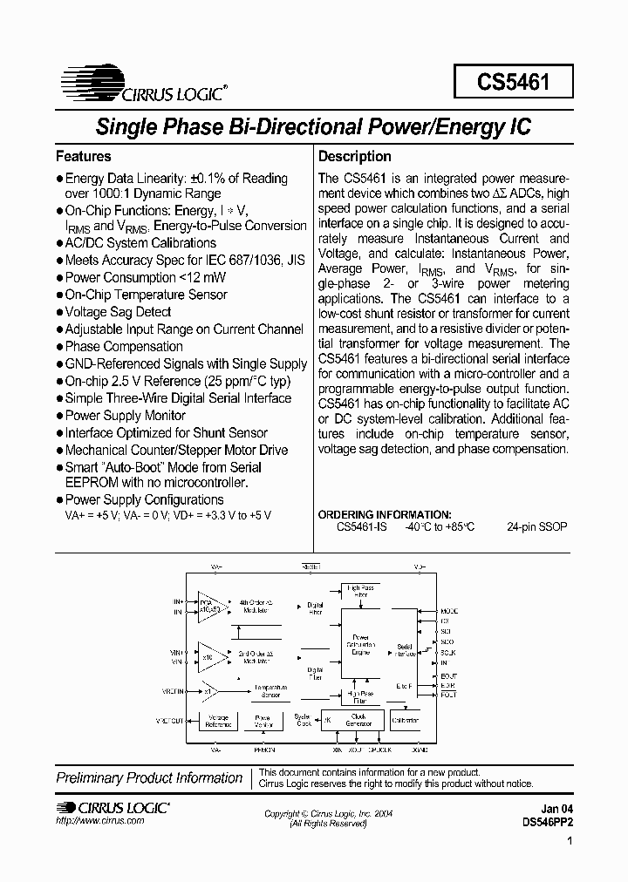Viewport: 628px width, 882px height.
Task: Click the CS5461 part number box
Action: [x=513, y=84]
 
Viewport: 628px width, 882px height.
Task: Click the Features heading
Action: [x=84, y=157]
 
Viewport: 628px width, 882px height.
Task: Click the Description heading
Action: [x=354, y=157]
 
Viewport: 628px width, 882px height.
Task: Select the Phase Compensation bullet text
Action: [x=124, y=347]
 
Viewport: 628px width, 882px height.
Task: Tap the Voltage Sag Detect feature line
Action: [x=119, y=312]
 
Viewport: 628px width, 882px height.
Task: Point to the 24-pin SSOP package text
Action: [x=536, y=527]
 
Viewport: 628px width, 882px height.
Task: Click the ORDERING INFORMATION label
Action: [x=385, y=515]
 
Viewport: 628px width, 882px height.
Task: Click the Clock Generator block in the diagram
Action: [x=358, y=720]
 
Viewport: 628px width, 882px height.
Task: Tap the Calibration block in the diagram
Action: [x=405, y=720]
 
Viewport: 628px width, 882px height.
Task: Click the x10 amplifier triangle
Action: [x=209, y=655]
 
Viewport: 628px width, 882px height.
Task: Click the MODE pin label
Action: [x=449, y=611]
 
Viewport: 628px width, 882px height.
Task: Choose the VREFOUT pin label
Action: [x=170, y=721]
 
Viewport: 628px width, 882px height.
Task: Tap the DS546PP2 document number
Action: [x=548, y=822]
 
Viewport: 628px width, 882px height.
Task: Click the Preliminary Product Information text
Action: [x=149, y=777]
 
